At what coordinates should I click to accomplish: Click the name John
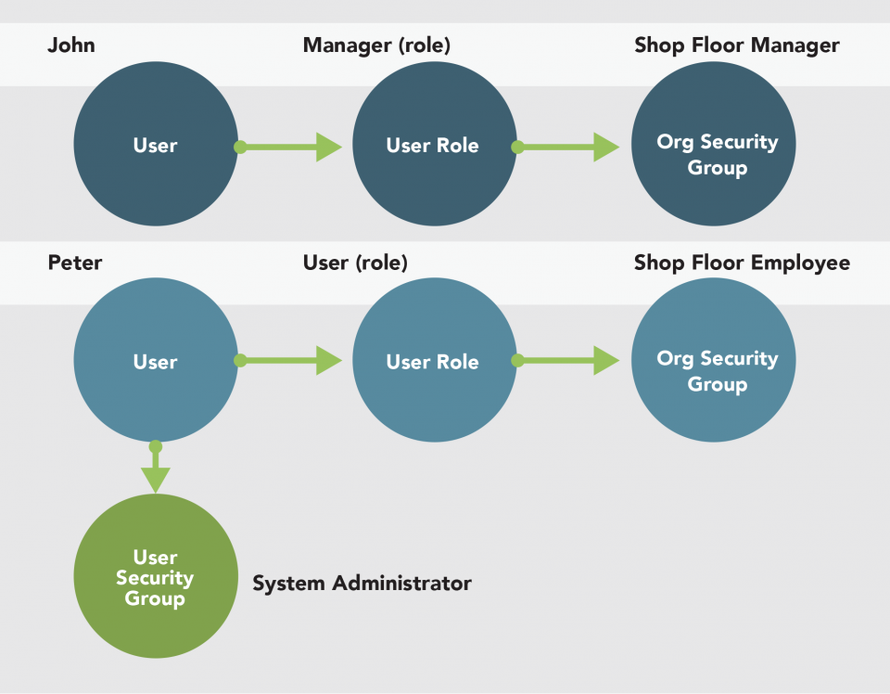71,45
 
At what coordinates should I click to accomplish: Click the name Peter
75,263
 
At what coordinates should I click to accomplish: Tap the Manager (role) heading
376,45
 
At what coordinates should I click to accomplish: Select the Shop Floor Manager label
737,45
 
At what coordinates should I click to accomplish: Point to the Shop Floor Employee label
742,263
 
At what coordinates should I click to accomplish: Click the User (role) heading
355,263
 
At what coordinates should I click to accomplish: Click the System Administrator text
362,584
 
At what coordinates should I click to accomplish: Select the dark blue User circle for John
155,146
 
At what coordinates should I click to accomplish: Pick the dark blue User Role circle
433,146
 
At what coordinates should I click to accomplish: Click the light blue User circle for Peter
155,362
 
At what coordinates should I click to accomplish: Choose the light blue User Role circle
433,362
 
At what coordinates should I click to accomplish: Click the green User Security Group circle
155,577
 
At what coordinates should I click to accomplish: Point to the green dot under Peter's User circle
156,446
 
